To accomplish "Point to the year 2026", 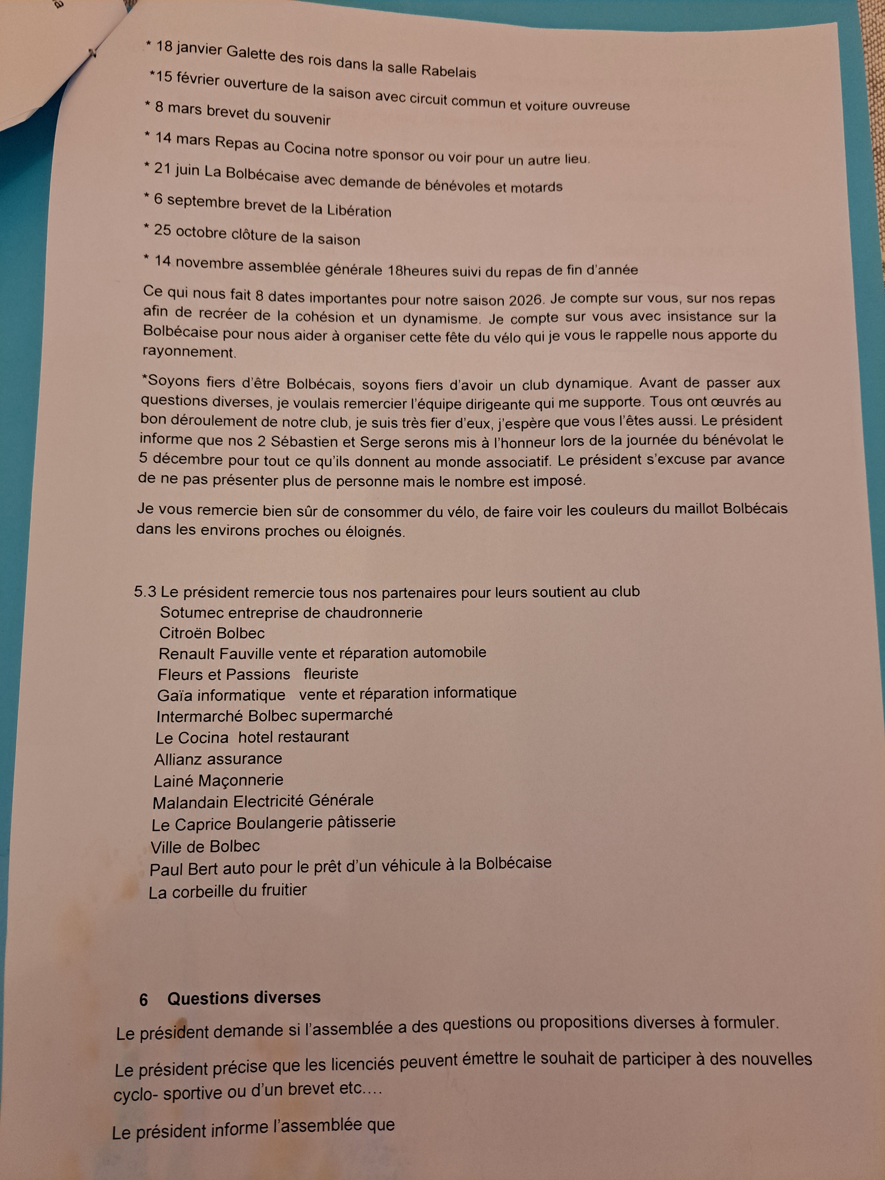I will pyautogui.click(x=525, y=300).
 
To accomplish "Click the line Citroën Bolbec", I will pyautogui.click(x=212, y=633).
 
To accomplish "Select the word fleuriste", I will pyautogui.click(x=331, y=674).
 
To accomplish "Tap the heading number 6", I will pyautogui.click(x=143, y=1000).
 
